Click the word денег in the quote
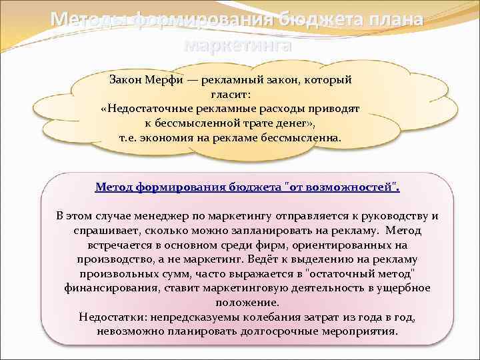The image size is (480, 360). coord(289,123)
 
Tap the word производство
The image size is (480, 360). coord(112,259)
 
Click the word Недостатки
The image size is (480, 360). coord(110,317)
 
